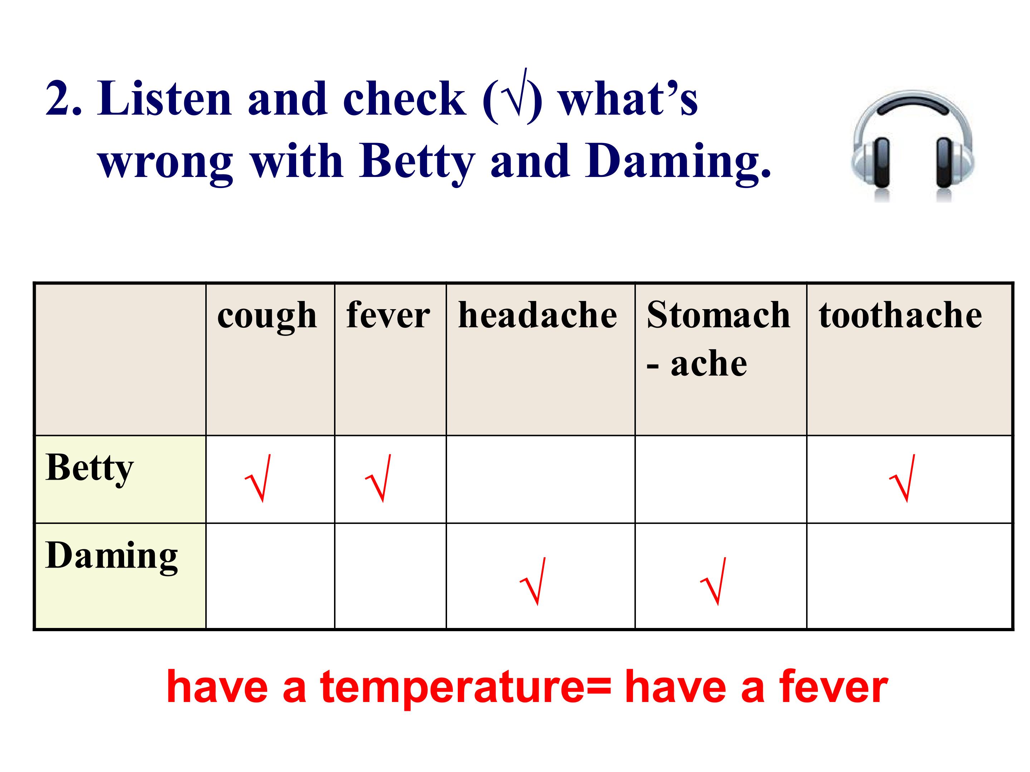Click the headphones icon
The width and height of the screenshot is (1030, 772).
click(912, 146)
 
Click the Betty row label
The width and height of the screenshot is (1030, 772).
click(90, 469)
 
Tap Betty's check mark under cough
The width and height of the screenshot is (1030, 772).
click(257, 478)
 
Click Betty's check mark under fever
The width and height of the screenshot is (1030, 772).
click(378, 478)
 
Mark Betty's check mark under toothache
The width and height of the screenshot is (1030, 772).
click(902, 478)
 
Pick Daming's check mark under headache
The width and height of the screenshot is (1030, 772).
click(532, 581)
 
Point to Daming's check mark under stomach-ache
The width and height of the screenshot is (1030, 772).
click(713, 581)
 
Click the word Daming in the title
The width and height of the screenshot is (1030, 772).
click(678, 162)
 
